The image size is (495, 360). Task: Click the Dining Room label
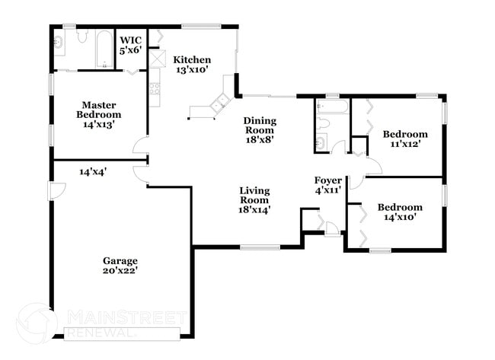259,129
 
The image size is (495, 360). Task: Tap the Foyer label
328,185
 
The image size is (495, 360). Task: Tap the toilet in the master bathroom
82,37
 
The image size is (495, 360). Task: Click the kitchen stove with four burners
155,90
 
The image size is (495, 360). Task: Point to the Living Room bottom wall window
260,247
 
